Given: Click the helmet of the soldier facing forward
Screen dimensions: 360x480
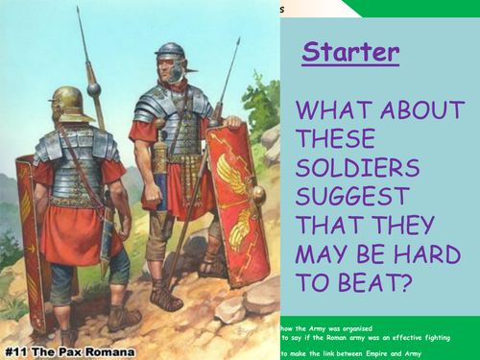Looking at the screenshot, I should pos(171,51).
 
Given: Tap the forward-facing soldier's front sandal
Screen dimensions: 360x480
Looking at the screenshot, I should pos(167,300).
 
